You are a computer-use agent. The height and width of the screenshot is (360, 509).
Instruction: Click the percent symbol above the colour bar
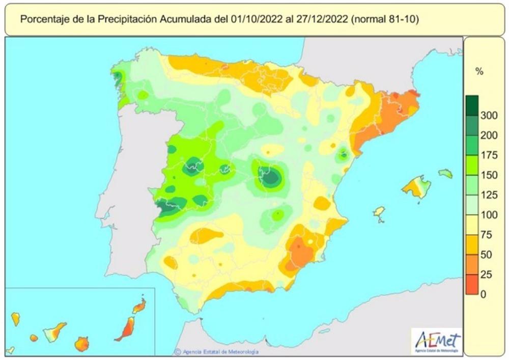point(478,72)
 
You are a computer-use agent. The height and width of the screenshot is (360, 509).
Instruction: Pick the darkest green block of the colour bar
point(472,106)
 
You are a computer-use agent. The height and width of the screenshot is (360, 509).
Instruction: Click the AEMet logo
point(437,341)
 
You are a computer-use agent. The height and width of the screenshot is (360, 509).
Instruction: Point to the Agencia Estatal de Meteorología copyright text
point(216,352)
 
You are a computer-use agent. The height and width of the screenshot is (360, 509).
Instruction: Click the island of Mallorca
point(416,187)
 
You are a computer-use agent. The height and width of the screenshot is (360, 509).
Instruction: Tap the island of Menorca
point(445,174)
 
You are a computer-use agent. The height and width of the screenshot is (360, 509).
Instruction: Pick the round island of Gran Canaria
point(81,344)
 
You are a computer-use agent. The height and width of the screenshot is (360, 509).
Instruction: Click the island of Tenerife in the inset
point(54,333)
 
